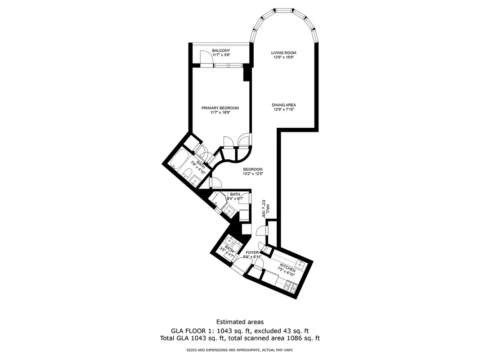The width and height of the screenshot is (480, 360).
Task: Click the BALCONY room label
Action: click(x=221, y=50)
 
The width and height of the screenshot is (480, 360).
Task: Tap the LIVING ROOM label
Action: click(x=284, y=53)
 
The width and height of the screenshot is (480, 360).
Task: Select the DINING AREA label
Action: click(x=284, y=105)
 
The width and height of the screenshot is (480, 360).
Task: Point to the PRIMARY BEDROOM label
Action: click(x=220, y=108)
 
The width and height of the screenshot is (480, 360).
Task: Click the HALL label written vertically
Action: click(x=268, y=208)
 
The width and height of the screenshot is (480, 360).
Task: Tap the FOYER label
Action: click(x=252, y=252)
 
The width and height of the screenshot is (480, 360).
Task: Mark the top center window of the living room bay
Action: click(x=283, y=10)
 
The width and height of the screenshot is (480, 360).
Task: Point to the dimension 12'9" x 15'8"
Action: click(x=284, y=57)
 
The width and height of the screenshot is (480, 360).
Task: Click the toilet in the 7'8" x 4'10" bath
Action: click(x=188, y=174)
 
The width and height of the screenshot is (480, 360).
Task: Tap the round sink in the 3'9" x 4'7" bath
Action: click(x=231, y=241)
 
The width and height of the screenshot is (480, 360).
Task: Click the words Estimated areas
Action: click(x=240, y=322)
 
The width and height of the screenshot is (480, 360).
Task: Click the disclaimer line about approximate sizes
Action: click(x=240, y=350)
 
